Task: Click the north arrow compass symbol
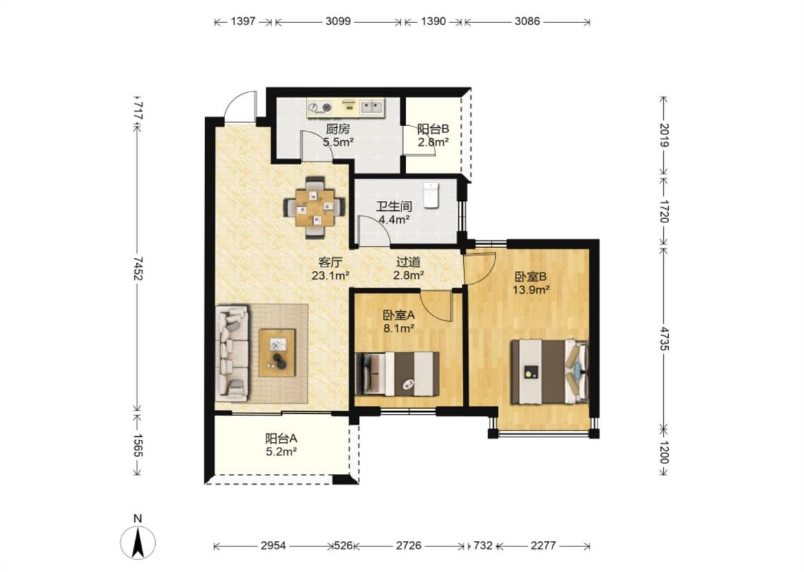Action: (x=137, y=542)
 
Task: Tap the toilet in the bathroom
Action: (x=432, y=195)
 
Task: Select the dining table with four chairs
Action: (x=315, y=207)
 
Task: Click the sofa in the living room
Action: (x=232, y=353)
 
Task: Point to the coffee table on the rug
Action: (x=277, y=353)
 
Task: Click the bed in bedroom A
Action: (x=397, y=373)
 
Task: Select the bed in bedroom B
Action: (x=549, y=371)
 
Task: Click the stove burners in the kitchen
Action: (x=320, y=107)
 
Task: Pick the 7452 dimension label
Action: (x=138, y=268)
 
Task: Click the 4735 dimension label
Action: (x=664, y=338)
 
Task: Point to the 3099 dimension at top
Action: (x=338, y=21)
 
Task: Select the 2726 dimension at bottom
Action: (x=409, y=546)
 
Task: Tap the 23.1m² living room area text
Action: (x=330, y=275)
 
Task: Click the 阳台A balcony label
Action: (x=281, y=438)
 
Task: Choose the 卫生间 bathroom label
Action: (x=394, y=207)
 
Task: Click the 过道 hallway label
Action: (x=408, y=262)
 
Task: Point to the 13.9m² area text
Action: (x=531, y=290)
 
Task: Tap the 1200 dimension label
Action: (x=664, y=452)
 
